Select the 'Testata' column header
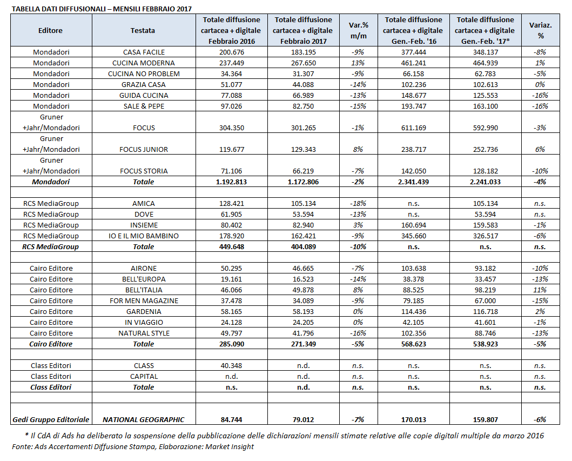pos(143,30)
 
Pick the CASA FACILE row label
pos(144,52)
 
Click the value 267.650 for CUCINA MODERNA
pos(300,63)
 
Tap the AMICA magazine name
pos(143,204)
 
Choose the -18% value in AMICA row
pos(358,204)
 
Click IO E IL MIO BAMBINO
pos(143,236)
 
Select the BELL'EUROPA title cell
pos(143,279)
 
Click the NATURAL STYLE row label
pos(143,333)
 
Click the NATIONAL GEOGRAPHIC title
pos(143,419)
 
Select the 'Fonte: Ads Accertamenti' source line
pos(133,447)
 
